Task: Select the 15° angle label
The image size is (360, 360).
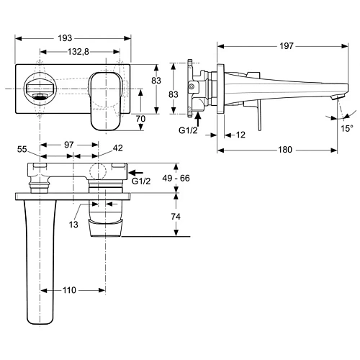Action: tap(346, 129)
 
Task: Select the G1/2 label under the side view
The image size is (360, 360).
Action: tap(189, 130)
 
